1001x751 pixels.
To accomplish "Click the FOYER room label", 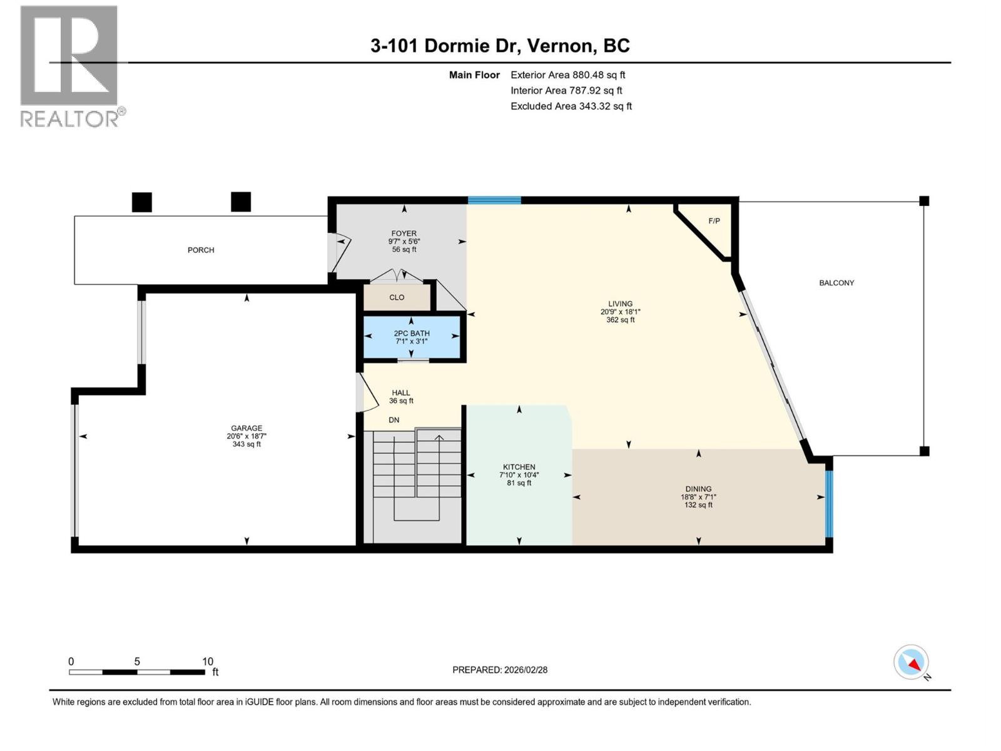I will click(x=404, y=233).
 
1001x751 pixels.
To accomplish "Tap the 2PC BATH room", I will click(x=412, y=337).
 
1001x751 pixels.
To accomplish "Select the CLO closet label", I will click(x=397, y=297).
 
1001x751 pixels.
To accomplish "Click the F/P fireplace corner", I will click(x=714, y=221).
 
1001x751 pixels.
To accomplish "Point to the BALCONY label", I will click(x=836, y=283).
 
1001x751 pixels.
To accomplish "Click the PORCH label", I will click(x=201, y=250).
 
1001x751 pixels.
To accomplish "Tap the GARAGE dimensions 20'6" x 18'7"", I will click(x=246, y=436).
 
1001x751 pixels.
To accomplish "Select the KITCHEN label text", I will click(x=519, y=467).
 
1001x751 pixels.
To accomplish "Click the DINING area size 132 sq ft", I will click(x=698, y=505).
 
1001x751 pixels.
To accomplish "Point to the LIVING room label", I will click(x=620, y=304).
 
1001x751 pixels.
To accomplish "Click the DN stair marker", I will click(x=394, y=420).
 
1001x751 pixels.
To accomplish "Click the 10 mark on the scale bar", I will click(x=207, y=662).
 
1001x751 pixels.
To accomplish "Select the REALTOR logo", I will click(x=69, y=66).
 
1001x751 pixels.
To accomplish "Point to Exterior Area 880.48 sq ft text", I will click(x=567, y=75).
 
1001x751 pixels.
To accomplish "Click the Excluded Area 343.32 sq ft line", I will click(x=571, y=106).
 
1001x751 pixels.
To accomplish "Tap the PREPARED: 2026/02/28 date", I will click(x=500, y=670).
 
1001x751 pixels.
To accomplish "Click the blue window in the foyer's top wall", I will click(x=494, y=200).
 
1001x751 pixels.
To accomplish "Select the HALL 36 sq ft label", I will click(x=401, y=397).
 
